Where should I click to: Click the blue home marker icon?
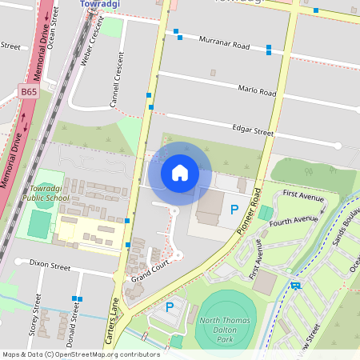click(180, 173)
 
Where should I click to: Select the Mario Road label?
click(257, 92)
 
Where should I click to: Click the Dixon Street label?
click(50, 262)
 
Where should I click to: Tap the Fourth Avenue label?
click(293, 220)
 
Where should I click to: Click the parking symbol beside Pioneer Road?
click(234, 210)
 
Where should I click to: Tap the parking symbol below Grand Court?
click(169, 306)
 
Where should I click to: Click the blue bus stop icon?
click(296, 285)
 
